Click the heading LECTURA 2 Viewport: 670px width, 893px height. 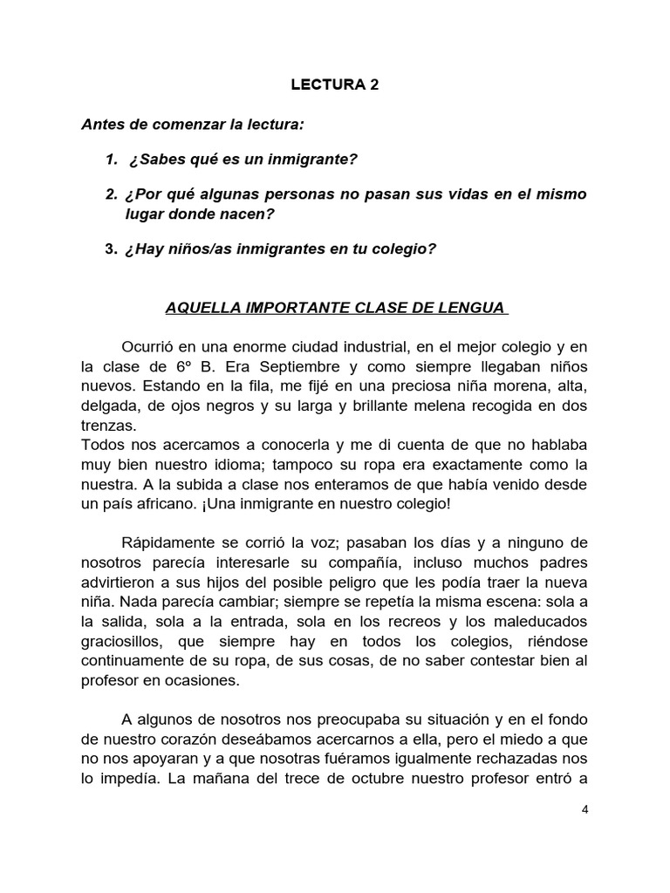[335, 86]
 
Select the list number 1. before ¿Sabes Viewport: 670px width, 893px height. [111, 160]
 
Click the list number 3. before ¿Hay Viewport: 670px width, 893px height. [111, 249]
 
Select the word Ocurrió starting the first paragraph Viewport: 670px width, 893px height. [150, 344]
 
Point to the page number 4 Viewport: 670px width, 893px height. [585, 809]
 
